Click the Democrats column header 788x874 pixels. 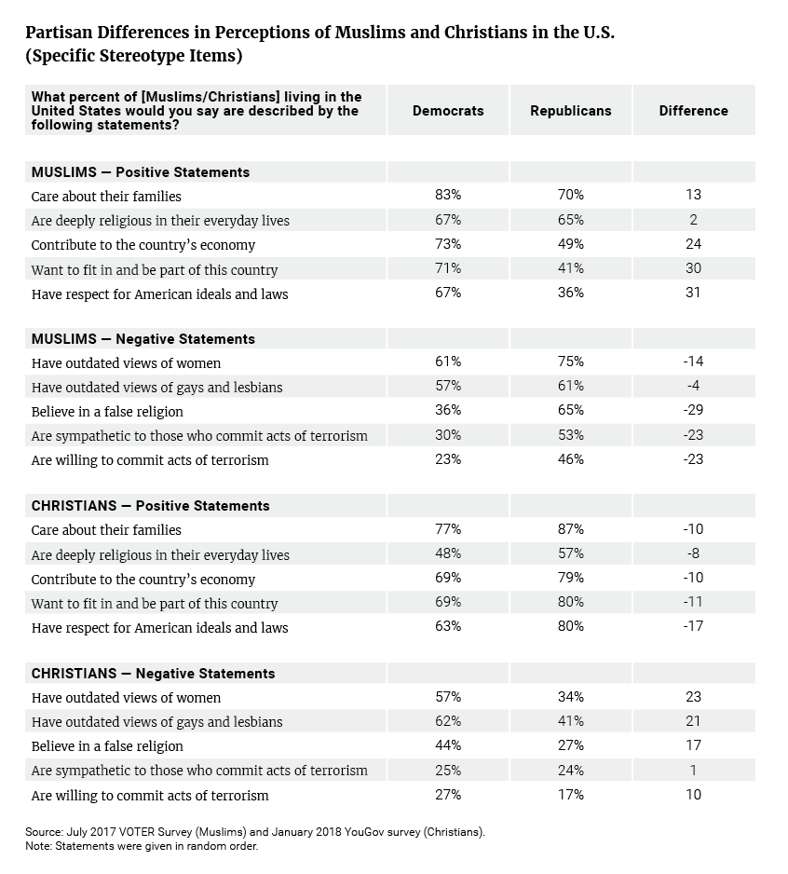[448, 110]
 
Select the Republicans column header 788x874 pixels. [571, 110]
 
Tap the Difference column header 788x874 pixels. [693, 110]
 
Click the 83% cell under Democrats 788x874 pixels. [448, 195]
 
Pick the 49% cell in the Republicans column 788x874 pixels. [571, 243]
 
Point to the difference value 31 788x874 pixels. [693, 292]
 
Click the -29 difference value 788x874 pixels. [693, 410]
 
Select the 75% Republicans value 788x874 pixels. [571, 362]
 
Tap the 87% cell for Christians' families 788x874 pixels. [571, 528]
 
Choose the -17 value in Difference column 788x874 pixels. [693, 626]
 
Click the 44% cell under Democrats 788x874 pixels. [448, 745]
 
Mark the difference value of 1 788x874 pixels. [693, 770]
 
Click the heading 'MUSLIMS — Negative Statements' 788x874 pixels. [143, 339]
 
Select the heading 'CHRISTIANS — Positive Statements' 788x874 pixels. [151, 506]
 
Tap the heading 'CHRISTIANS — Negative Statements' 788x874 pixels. [154, 674]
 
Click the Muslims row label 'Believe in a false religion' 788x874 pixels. [107, 411]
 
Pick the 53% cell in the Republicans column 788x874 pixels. [571, 435]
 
